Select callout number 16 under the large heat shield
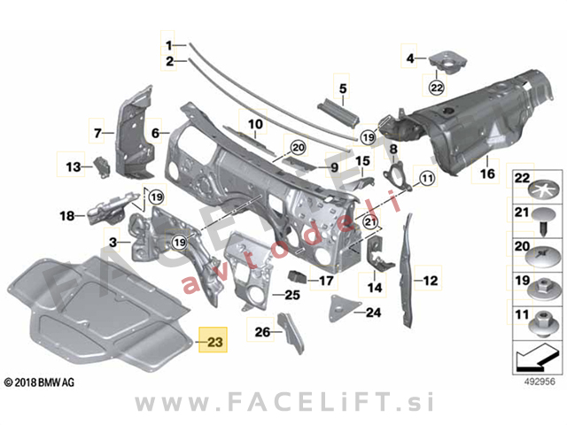coord(487,174)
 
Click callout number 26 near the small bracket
coord(262,332)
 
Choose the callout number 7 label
coord(99,134)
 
